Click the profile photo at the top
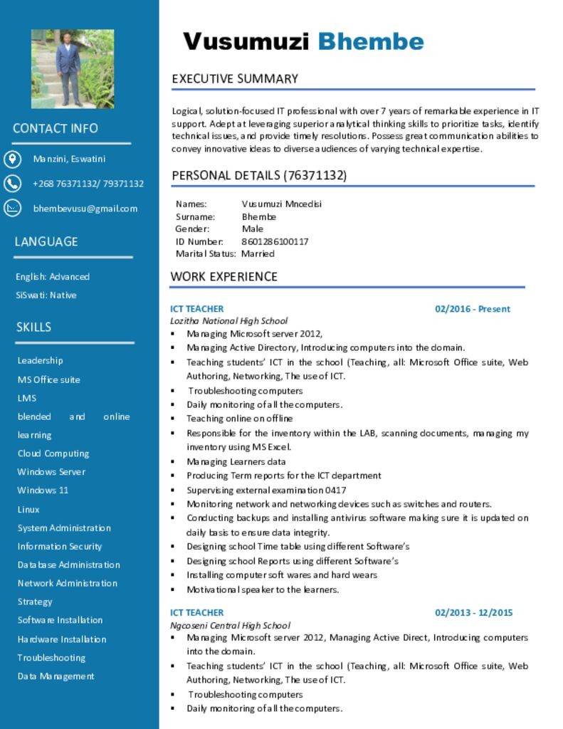point(73,68)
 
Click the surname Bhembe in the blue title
point(370,42)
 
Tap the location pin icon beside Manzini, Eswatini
point(13,159)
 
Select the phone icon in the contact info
point(13,184)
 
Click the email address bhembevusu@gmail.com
point(85,209)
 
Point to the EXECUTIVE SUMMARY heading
point(235,79)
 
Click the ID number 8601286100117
point(275,241)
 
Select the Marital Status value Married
point(258,253)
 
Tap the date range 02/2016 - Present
point(473,309)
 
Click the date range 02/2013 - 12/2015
point(473,612)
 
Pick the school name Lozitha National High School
point(228,321)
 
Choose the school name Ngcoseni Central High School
point(230,625)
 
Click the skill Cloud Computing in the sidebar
point(53,453)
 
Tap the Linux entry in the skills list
point(28,509)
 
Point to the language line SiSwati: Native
point(46,295)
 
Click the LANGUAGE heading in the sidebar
point(46,242)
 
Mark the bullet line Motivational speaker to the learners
point(263,589)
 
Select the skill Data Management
point(56,676)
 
